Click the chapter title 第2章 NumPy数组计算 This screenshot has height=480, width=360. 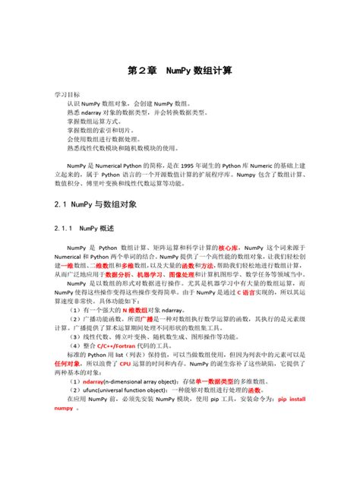[179, 70]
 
